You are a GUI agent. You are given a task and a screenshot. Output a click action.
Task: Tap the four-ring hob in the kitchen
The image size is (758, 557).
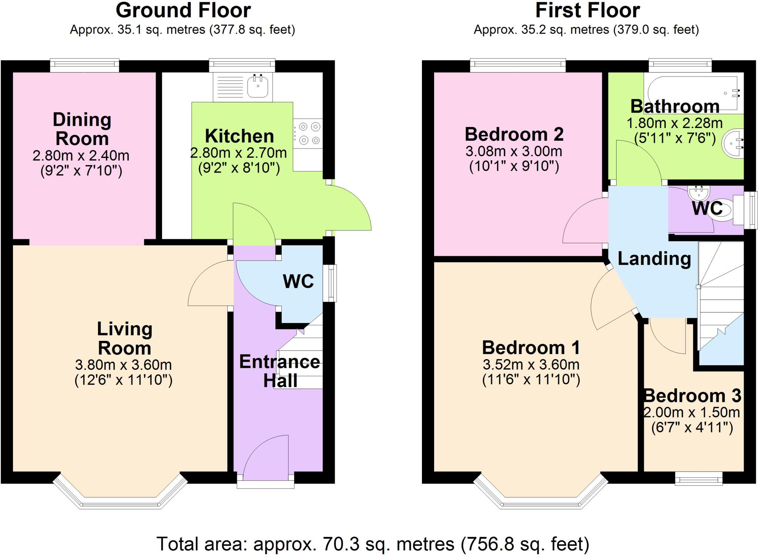tap(309, 134)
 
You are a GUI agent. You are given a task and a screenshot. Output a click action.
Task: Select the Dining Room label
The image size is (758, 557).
tap(82, 129)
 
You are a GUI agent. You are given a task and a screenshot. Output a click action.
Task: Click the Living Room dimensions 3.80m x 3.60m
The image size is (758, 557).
tap(123, 365)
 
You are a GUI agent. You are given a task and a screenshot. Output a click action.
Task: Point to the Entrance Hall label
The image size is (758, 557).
tap(280, 371)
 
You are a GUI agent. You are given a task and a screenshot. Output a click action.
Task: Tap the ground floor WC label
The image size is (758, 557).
tap(298, 282)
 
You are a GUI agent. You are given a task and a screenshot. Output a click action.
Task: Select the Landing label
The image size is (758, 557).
tap(654, 259)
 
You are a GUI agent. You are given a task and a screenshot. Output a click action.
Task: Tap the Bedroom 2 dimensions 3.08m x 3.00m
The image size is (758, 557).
tap(514, 151)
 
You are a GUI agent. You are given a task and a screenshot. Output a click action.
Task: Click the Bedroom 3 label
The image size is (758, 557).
tap(692, 396)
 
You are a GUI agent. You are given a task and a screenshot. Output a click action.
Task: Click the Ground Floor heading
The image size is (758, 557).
tap(183, 10)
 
